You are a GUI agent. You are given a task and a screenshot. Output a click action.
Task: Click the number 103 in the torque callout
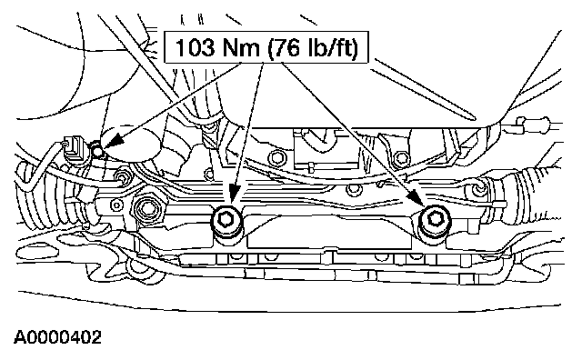(195, 48)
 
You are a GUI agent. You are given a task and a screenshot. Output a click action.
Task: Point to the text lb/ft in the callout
(329, 48)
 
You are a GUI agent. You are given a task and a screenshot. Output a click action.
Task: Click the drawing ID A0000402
(57, 338)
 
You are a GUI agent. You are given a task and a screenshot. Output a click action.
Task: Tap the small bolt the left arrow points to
(97, 151)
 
